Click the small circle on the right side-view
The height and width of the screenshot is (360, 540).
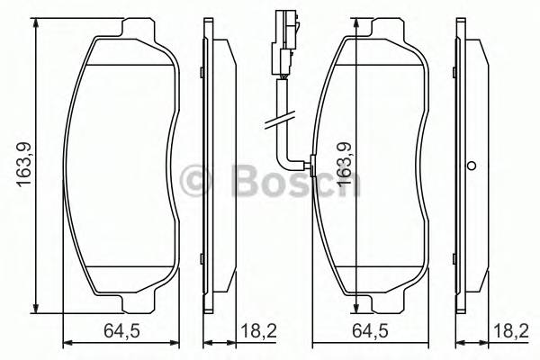(x=471, y=166)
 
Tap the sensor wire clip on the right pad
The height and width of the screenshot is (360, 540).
(x=310, y=164)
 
